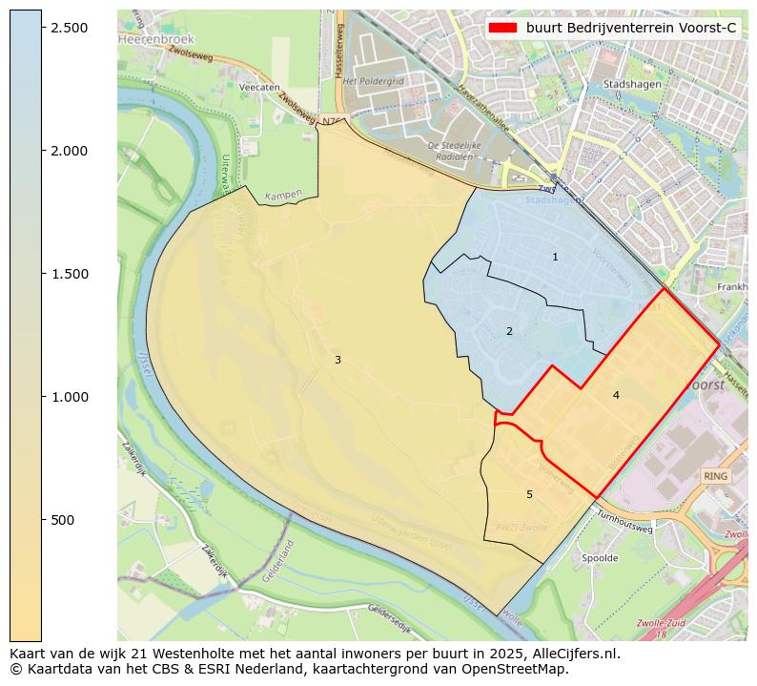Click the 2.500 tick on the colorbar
pyautogui.click(x=69, y=28)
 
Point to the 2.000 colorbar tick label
pyautogui.click(x=69, y=151)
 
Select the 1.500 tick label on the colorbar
pyautogui.click(x=69, y=274)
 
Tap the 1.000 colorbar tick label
pyautogui.click(x=69, y=397)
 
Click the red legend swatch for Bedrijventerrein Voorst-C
pyautogui.click(x=502, y=28)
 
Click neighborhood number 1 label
pyautogui.click(x=555, y=258)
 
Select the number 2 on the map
pyautogui.click(x=509, y=332)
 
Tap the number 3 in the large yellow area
pyautogui.click(x=338, y=360)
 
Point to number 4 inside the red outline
pyautogui.click(x=616, y=395)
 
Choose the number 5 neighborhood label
pyautogui.click(x=529, y=494)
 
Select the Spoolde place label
pyautogui.click(x=600, y=558)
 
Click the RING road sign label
pyautogui.click(x=715, y=475)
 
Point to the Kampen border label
pyautogui.click(x=283, y=195)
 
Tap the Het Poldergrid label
pyautogui.click(x=373, y=82)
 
